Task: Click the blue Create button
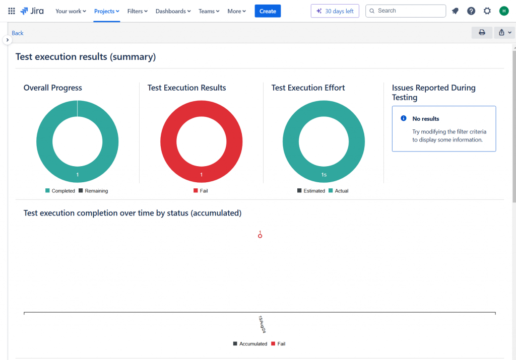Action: tap(268, 11)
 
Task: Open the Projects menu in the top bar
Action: tap(107, 11)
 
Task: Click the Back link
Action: tap(18, 33)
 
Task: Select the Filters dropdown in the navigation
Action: tap(138, 11)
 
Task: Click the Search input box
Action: tap(406, 11)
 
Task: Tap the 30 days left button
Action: tap(335, 11)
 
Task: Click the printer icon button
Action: tap(482, 33)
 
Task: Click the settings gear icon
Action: tap(487, 11)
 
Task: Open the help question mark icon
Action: tap(471, 11)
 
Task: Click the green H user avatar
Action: tap(504, 11)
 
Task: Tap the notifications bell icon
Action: tap(455, 11)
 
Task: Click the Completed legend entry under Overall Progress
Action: tap(60, 191)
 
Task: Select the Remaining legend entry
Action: tap(93, 191)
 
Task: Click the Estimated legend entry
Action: tap(311, 191)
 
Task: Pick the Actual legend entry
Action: tap(339, 191)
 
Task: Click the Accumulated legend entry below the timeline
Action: tap(250, 344)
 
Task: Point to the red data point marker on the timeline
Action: tap(260, 236)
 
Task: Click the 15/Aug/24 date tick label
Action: tap(262, 324)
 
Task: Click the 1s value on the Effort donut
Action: tap(325, 175)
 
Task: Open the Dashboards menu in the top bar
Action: tap(173, 11)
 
